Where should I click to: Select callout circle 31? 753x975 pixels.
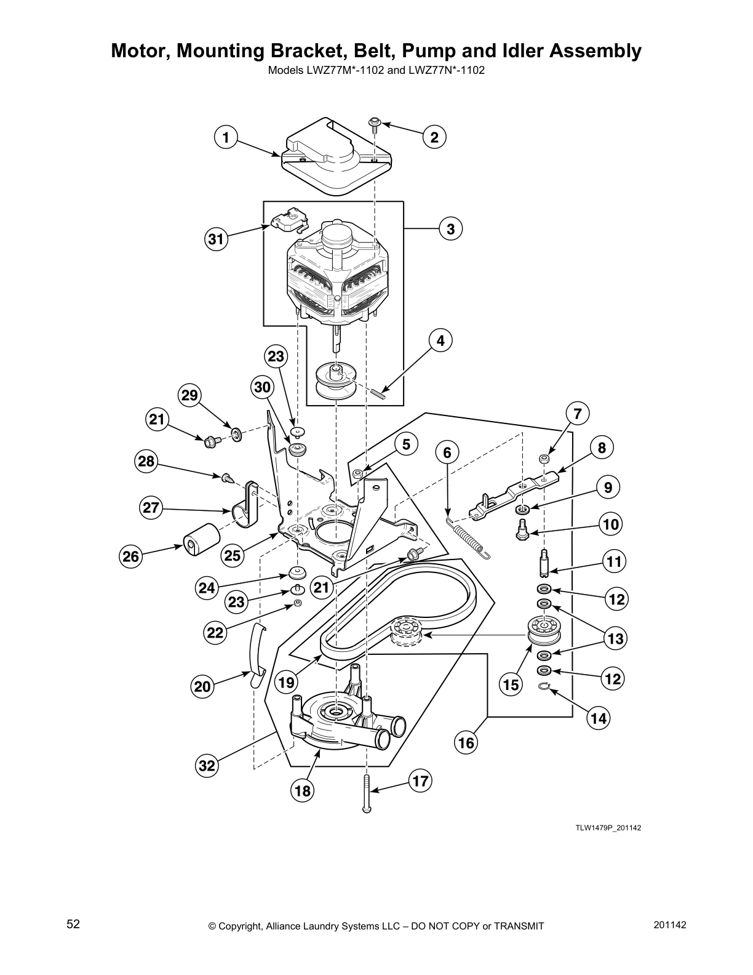coord(216,239)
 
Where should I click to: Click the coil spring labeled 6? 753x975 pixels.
coord(471,538)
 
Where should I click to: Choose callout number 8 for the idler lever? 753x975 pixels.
coord(602,448)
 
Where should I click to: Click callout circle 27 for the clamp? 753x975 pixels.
coord(151,508)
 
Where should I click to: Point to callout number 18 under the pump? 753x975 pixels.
coord(303,790)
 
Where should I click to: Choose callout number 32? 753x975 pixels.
coord(207,766)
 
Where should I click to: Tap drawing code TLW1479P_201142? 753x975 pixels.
coord(608,828)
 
